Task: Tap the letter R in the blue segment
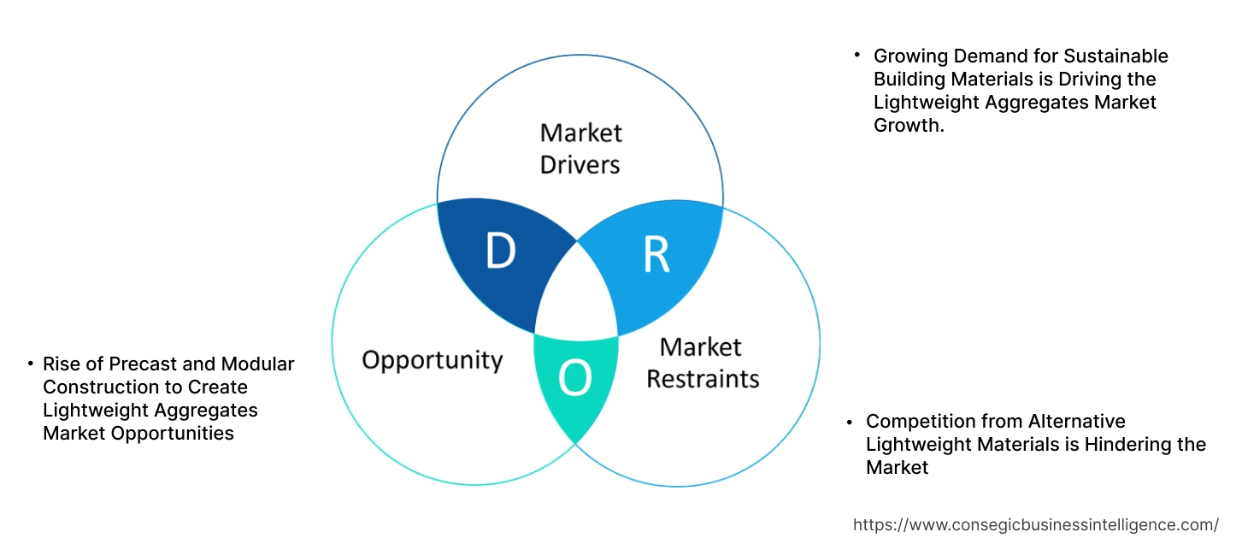656,255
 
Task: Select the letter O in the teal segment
574,379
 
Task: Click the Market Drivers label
580,148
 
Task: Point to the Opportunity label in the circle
432,359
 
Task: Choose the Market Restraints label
702,363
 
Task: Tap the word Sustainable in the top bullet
1115,56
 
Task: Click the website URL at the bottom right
1036,524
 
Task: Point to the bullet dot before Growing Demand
857,55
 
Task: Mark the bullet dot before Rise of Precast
31,363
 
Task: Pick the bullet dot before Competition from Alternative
850,421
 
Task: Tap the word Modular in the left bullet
257,364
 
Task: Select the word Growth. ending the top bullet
909,126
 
